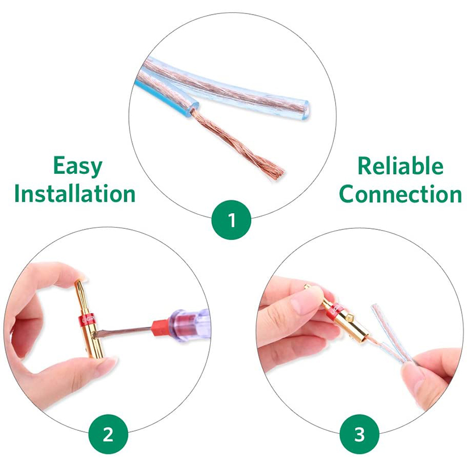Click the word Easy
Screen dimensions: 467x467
[x=78, y=166]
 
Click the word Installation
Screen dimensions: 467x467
[x=75, y=194]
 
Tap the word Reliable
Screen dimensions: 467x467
[x=400, y=166]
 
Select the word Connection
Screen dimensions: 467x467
[x=400, y=194]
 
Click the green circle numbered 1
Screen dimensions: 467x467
[x=231, y=220]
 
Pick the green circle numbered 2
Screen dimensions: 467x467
[x=109, y=434]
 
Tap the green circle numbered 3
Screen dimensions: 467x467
[x=360, y=434]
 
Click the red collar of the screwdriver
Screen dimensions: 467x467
[x=161, y=327]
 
